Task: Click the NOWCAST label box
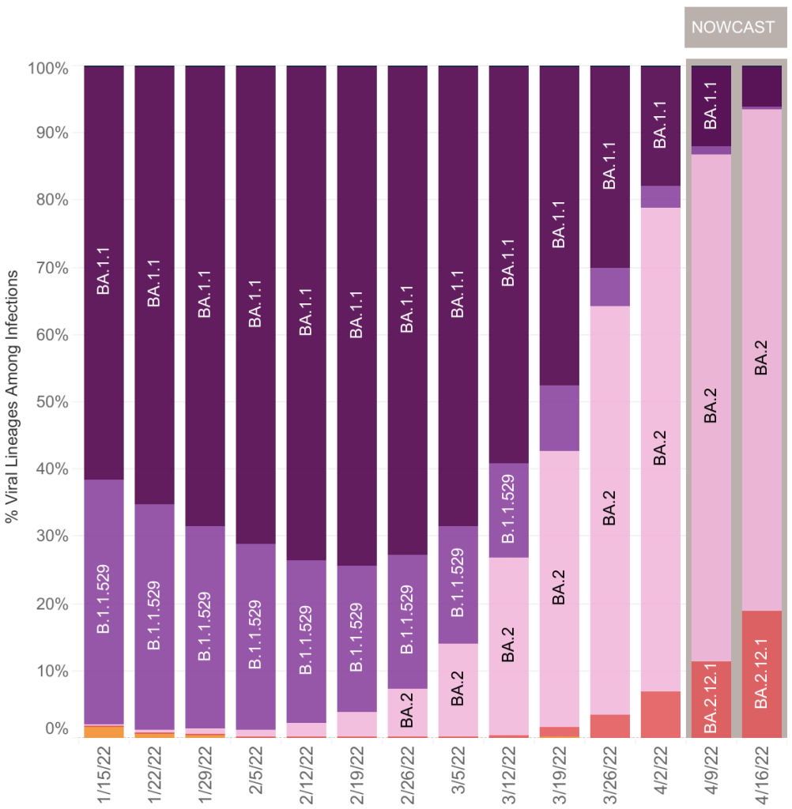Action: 733,28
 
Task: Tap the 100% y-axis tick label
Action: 49,69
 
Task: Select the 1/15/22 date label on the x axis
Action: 104,773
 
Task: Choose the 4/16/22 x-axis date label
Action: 762,773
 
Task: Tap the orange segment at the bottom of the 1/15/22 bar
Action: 104,732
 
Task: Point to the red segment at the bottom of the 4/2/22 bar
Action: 661,714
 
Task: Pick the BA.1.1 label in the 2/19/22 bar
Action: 357,314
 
